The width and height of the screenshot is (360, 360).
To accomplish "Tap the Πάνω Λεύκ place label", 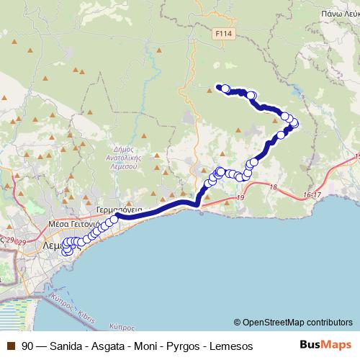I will pos(341,13).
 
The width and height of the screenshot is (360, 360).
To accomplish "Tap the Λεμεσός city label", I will pos(53,245).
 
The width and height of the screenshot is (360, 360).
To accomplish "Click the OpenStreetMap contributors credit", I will pos(293,322).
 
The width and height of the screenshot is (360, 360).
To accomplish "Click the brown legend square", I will pos(10,346).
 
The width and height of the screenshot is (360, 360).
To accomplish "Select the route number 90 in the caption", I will pos(28,346).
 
